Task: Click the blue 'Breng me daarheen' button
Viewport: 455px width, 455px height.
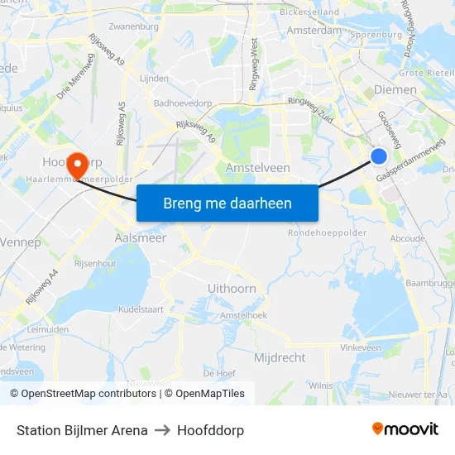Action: (x=227, y=204)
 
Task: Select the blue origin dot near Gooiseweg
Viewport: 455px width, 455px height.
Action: (x=379, y=156)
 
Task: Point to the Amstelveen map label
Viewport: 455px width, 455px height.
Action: (x=257, y=168)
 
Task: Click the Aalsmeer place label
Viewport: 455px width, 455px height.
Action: (x=140, y=237)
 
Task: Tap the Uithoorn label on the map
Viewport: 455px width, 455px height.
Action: (x=232, y=289)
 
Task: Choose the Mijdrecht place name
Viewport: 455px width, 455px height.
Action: (x=280, y=358)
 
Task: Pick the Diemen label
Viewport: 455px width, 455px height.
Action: (x=395, y=89)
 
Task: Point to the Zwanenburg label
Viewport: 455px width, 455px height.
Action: (x=133, y=26)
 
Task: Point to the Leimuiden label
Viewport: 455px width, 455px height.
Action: (x=48, y=328)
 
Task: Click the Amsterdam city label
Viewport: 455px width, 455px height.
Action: (x=314, y=31)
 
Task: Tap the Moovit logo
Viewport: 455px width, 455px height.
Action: (x=405, y=429)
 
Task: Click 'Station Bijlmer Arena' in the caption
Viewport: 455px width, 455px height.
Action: (x=82, y=430)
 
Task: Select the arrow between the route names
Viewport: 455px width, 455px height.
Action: (x=162, y=430)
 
